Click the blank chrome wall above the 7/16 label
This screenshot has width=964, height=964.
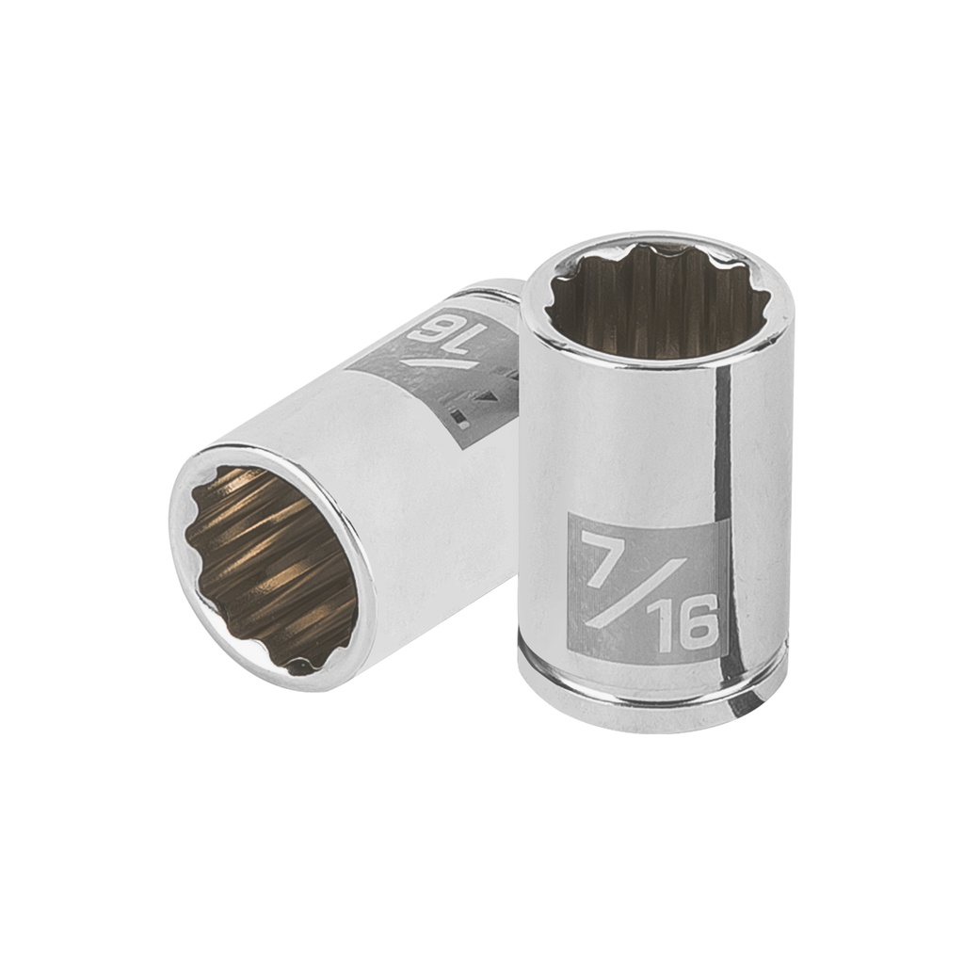point(621,433)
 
